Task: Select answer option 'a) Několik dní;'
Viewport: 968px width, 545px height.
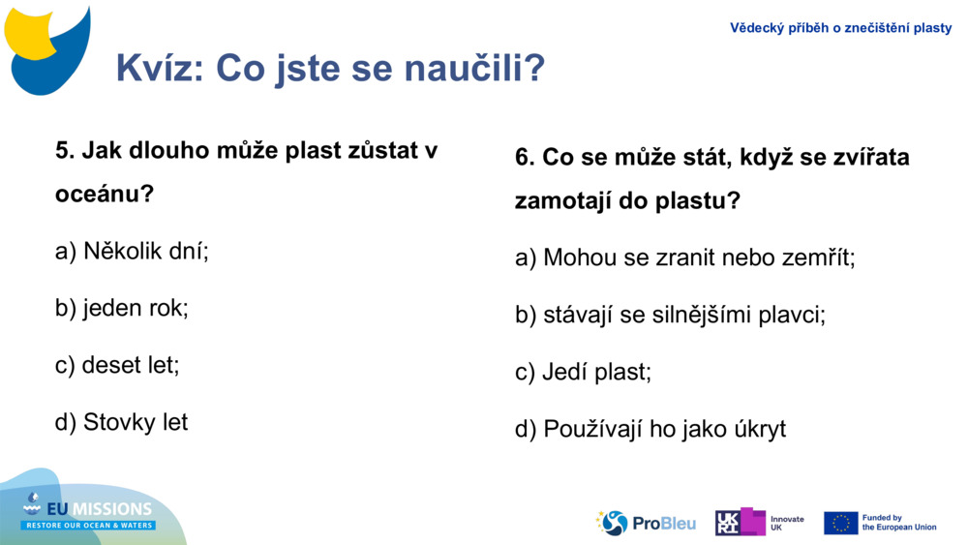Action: coord(132,251)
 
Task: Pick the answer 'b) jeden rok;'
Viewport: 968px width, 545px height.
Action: coord(121,308)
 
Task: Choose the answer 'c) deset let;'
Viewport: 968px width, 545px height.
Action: coord(117,365)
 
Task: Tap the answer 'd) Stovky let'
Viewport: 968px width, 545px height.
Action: coord(121,422)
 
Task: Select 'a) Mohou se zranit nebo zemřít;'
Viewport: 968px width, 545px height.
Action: coord(684,257)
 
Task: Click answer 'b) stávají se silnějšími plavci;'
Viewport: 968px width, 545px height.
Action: coord(670,315)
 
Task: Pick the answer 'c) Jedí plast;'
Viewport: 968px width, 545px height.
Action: coord(583,372)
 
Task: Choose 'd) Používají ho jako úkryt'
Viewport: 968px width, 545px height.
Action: coord(650,429)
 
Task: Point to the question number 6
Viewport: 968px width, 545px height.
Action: coord(524,157)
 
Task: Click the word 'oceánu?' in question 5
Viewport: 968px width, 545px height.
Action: coord(105,194)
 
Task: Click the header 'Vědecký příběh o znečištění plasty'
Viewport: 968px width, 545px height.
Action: coord(840,28)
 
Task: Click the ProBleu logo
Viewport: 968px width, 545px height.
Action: coord(646,523)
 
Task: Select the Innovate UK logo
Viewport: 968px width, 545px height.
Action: coord(759,523)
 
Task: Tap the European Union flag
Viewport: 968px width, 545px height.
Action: coord(840,523)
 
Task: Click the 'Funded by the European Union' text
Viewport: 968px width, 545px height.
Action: coord(899,523)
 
